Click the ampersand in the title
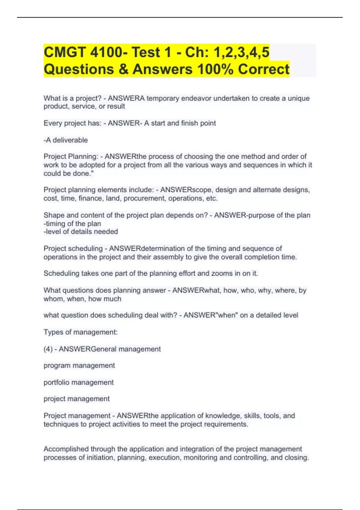123,69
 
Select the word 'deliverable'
70,140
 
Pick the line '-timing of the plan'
72,223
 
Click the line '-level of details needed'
81,232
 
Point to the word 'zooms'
222,273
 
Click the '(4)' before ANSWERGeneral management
48,349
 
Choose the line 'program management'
79,365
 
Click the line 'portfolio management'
79,382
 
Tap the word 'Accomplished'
66,449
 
